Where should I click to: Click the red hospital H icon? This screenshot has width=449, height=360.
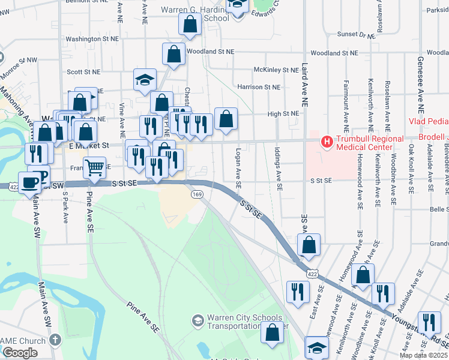tap(327, 142)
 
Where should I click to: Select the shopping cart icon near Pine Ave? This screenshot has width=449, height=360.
tap(94, 167)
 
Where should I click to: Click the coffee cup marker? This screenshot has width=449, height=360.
tap(29, 182)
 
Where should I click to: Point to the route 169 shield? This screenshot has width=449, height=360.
tap(196, 194)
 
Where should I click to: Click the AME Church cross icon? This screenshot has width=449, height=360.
tap(55, 340)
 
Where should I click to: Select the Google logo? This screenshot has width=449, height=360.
tap(20, 353)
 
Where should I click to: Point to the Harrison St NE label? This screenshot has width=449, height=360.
tap(259, 87)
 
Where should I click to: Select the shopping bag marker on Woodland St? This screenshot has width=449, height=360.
tap(173, 53)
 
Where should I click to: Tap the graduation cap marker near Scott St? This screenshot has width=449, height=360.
tap(144, 79)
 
